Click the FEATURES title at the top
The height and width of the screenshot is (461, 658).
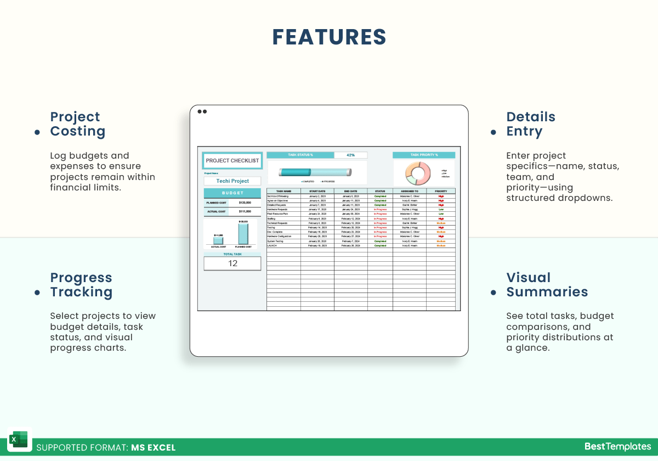[329, 37]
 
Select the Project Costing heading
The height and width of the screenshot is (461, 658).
[77, 124]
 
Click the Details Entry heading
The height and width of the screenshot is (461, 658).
[531, 124]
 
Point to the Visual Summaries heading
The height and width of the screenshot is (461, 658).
[547, 285]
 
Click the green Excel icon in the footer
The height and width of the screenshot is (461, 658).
[19, 440]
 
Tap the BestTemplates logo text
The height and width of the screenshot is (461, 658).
[617, 447]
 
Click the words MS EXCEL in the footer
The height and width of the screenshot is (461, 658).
[153, 447]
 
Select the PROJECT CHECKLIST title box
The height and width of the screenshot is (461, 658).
[232, 161]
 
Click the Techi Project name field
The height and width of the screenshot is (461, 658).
[232, 181]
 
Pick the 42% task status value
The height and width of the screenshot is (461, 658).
[350, 155]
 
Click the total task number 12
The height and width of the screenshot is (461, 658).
[232, 263]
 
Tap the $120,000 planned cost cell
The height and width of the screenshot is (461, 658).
[245, 203]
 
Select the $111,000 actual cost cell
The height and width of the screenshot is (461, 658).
[245, 211]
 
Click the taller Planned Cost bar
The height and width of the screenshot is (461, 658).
[243, 234]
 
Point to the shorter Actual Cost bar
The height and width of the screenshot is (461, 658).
[218, 240]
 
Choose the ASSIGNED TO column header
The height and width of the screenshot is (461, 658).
[410, 191]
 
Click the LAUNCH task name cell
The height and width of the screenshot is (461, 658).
[283, 246]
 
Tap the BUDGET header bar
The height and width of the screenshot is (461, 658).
[232, 193]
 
